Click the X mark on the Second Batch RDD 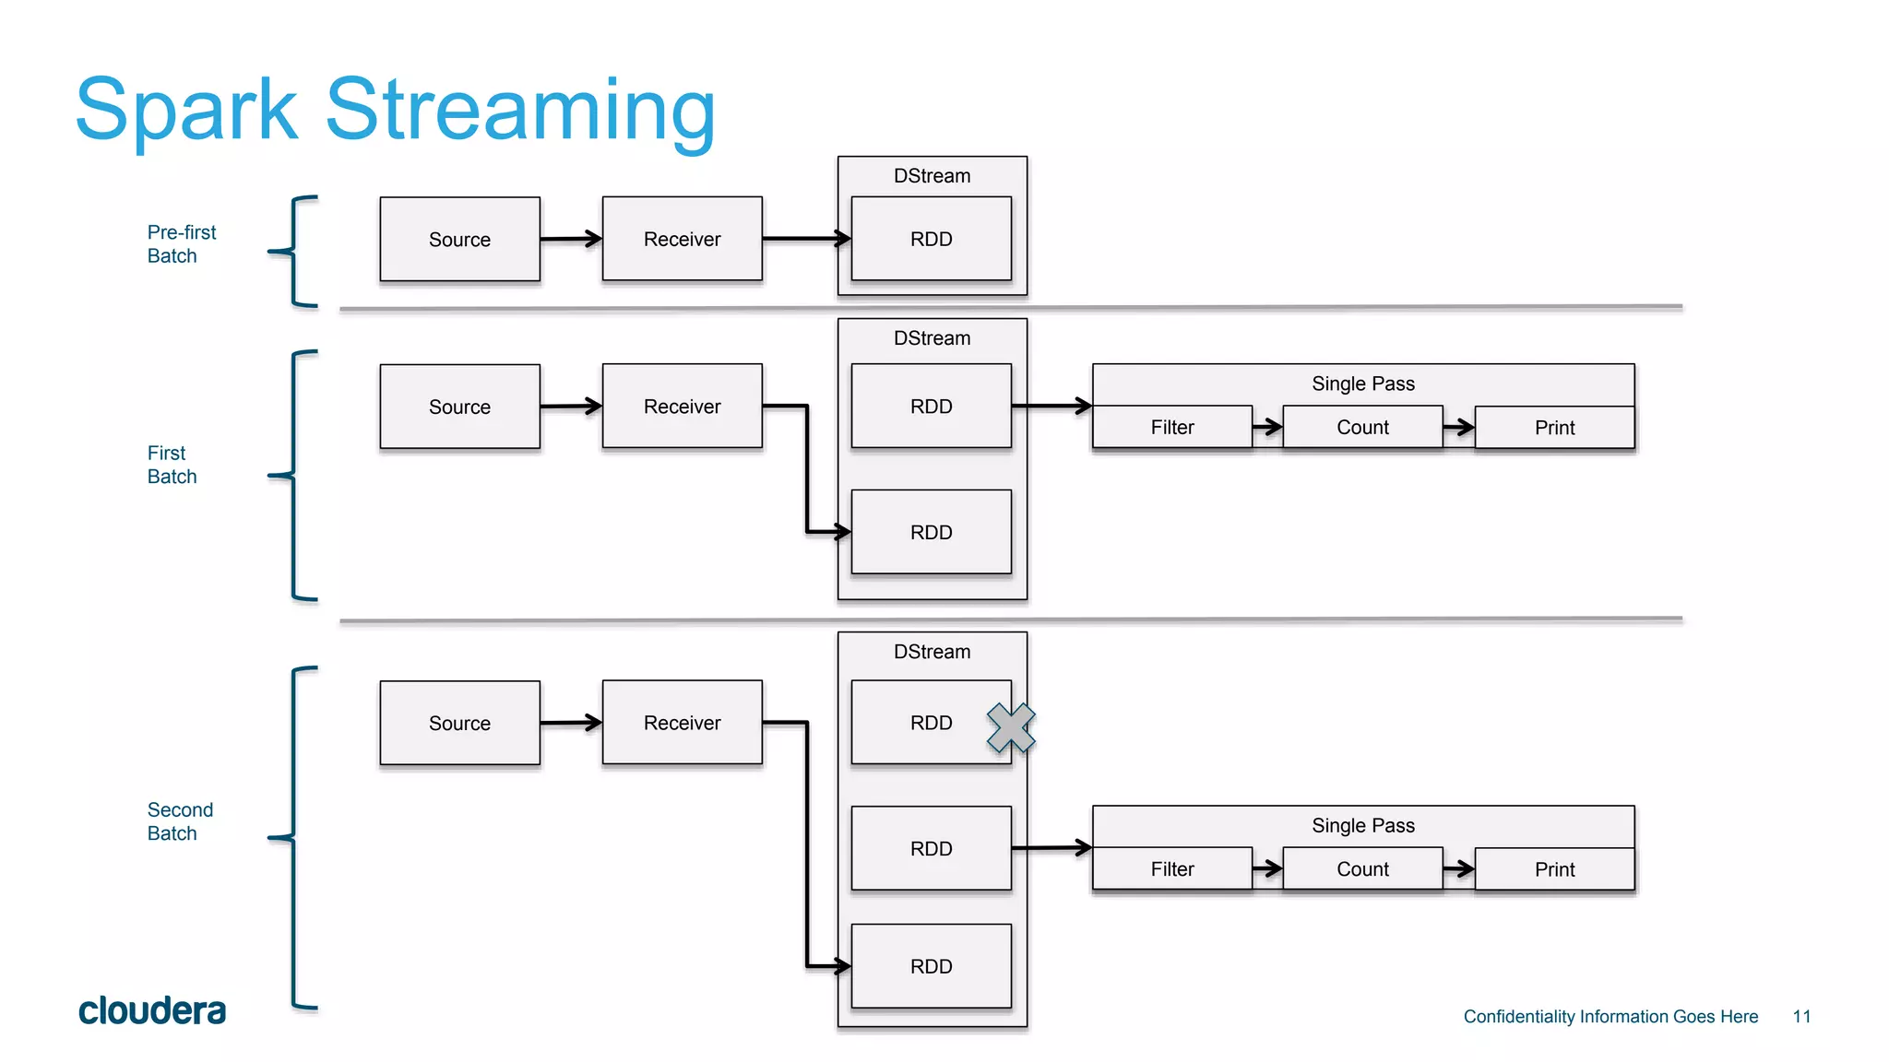1011,727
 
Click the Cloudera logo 152,1010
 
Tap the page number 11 1801,1016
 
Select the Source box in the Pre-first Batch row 459,240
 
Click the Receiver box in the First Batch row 682,407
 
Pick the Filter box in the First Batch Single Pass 1171,427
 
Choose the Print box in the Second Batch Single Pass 1554,868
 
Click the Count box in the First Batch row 1362,427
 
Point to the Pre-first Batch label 181,244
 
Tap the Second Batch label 180,820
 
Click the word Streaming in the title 520,111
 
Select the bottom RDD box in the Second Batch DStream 931,966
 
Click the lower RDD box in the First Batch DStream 931,532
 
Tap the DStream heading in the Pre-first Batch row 932,176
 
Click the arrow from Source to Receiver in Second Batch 571,723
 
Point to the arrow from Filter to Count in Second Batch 1267,868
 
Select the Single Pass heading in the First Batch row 1362,383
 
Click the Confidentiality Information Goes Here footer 1610,1016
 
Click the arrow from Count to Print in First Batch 1458,427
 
